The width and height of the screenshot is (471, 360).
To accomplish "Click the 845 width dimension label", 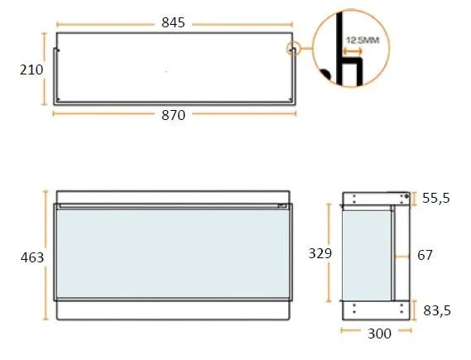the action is (173, 23).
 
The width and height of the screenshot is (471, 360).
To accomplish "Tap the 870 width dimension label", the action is (173, 115).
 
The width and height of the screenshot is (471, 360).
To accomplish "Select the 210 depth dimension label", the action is (31, 70).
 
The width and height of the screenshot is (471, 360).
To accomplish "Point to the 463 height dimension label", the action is (32, 257).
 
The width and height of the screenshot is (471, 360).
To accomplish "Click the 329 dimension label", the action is (320, 253).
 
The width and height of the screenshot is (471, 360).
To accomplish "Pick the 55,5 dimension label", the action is (436, 198).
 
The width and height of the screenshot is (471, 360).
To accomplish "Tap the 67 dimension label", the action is (425, 255).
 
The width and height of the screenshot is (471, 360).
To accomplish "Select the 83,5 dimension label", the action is (437, 310).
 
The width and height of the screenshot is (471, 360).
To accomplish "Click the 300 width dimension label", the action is (379, 334).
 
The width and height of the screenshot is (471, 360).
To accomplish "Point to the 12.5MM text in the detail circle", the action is (363, 41).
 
